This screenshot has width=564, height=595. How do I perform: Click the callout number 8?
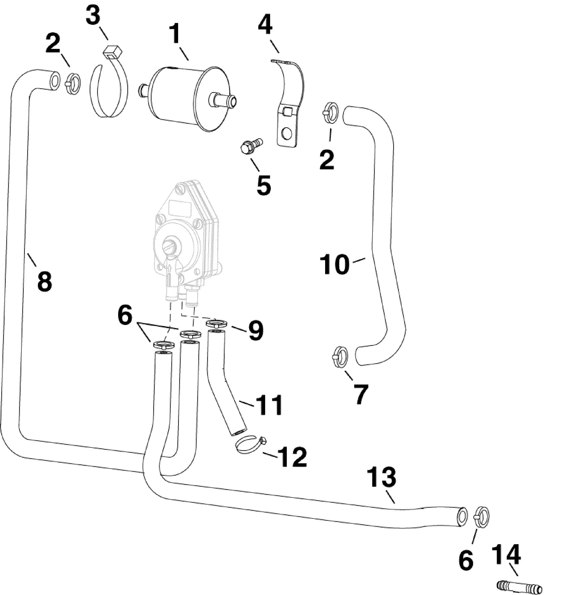pos(44,280)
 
